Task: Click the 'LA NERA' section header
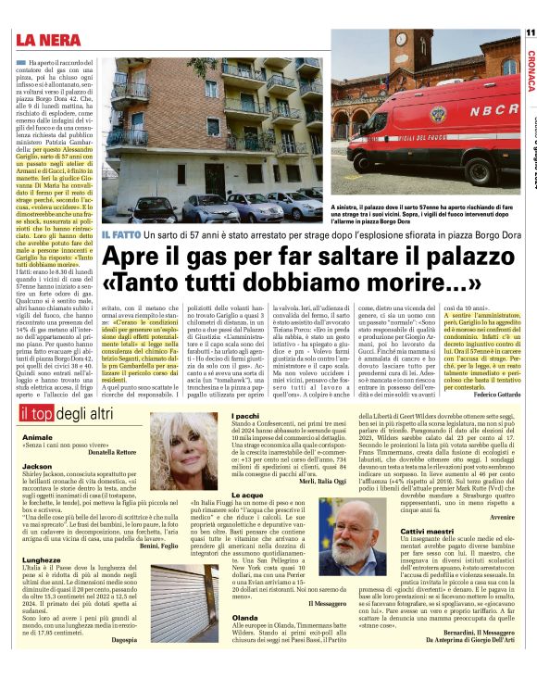pos(50,39)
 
